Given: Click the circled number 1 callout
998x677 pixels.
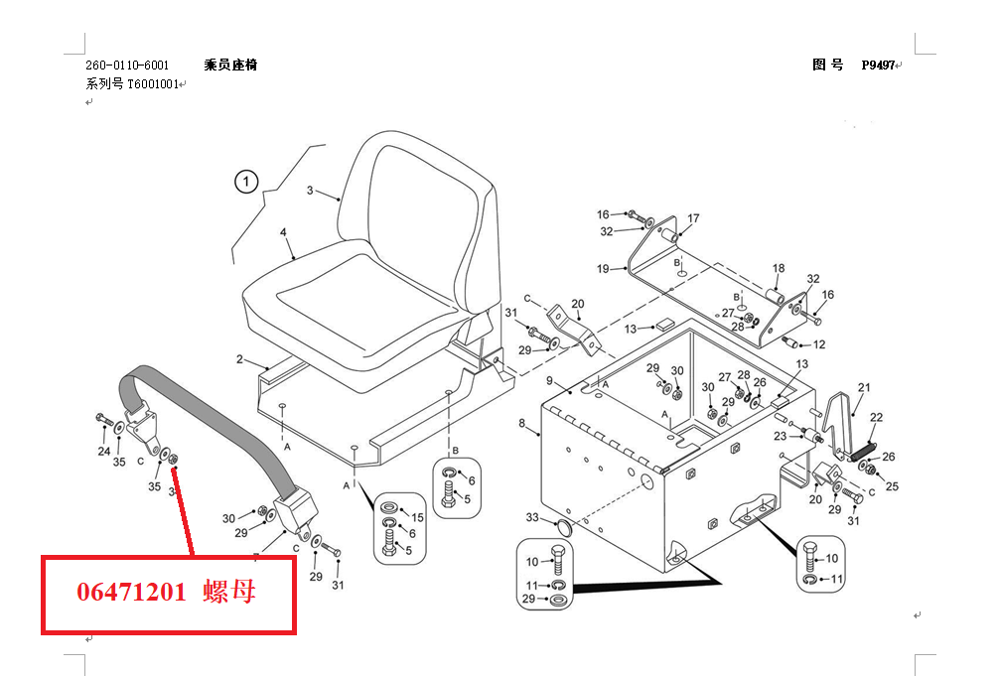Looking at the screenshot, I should [x=245, y=182].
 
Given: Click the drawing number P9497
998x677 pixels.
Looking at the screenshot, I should [x=878, y=65].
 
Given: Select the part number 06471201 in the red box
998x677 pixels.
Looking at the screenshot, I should [x=131, y=593].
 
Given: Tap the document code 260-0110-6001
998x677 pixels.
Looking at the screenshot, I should [x=126, y=65].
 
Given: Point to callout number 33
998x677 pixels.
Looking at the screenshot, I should [x=532, y=517].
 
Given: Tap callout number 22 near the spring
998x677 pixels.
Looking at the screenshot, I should [x=876, y=417].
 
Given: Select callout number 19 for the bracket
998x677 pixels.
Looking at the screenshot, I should [x=603, y=269].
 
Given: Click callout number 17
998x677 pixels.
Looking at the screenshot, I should [x=693, y=218].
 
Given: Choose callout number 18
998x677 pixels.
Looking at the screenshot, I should [x=779, y=268].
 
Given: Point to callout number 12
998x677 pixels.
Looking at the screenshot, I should [x=819, y=344].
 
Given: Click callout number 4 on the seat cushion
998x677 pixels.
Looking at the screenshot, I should [x=283, y=232].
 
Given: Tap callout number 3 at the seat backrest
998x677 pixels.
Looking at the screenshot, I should [x=310, y=190].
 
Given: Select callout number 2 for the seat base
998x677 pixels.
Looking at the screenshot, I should [x=239, y=358].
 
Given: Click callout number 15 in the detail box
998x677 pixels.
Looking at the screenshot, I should [x=417, y=516].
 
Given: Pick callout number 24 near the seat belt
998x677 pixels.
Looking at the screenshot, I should [x=104, y=452].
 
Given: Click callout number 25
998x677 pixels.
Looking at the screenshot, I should [x=892, y=486].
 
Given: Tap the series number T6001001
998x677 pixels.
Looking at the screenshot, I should [x=152, y=84].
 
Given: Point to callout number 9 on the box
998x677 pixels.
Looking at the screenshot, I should [x=549, y=381].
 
